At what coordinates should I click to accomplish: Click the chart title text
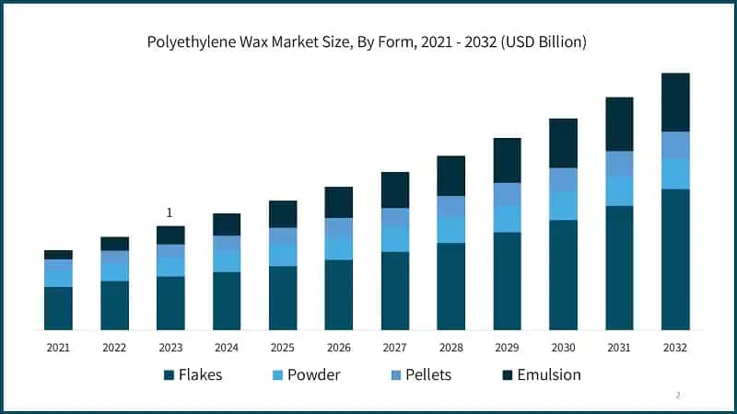(368, 42)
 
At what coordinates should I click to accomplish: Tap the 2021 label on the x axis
(58, 348)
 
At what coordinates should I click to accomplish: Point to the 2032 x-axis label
(675, 348)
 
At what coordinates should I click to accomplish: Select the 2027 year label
(395, 348)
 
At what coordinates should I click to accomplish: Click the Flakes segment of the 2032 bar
(675, 259)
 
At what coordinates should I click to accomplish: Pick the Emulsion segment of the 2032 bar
(675, 102)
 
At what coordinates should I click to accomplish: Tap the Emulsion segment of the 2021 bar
(58, 255)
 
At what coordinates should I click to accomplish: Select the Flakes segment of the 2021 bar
(58, 308)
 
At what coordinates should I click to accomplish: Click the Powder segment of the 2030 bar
(563, 206)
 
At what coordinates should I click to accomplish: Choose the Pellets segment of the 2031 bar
(619, 164)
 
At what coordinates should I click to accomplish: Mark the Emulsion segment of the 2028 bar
(450, 176)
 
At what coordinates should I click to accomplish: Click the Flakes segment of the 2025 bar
(283, 298)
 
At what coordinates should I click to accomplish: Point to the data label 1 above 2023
(170, 213)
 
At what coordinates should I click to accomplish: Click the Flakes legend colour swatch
(169, 375)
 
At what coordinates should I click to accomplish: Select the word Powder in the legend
(313, 375)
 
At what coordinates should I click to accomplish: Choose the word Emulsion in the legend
(548, 375)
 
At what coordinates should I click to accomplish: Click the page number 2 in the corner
(678, 395)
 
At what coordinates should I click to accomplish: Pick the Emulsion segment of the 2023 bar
(170, 236)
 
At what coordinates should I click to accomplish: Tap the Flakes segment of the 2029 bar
(507, 281)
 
